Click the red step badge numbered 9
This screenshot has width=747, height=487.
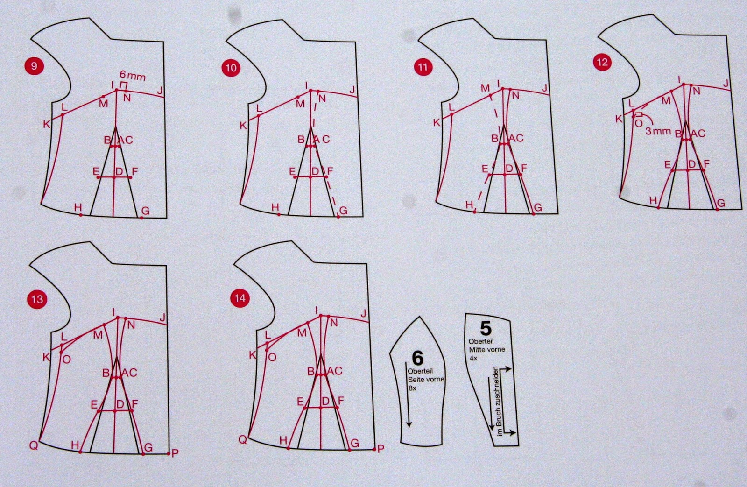[34, 66]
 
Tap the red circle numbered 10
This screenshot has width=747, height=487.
[231, 68]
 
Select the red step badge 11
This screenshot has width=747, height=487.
[423, 67]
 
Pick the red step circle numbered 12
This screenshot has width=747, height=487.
[602, 63]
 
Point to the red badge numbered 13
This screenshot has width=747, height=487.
[37, 299]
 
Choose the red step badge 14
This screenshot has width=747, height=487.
[240, 298]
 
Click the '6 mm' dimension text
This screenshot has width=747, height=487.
[133, 76]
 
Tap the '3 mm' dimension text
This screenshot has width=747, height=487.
[658, 131]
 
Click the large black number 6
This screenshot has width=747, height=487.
[417, 358]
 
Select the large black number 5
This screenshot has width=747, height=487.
[486, 329]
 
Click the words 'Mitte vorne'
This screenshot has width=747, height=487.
[487, 350]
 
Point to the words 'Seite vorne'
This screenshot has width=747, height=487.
[426, 379]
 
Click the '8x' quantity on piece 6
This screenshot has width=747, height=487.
[412, 388]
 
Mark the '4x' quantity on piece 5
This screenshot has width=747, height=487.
[473, 358]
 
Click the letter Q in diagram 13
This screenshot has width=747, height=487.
[34, 445]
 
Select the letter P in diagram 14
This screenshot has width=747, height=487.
[381, 449]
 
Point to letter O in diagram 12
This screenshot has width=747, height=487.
[638, 124]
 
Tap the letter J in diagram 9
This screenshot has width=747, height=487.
[160, 91]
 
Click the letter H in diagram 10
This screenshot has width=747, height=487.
[275, 207]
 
